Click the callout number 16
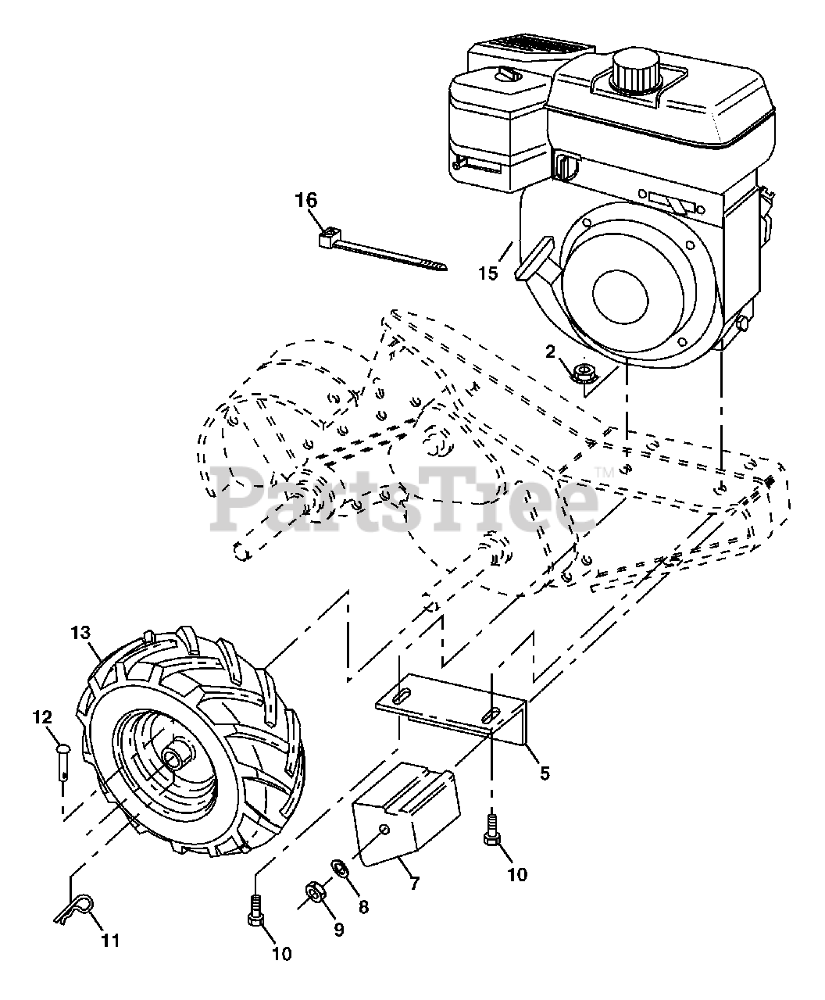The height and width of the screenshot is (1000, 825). (306, 200)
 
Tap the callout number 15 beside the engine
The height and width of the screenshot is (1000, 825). (489, 273)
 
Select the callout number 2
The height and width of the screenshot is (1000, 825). (550, 352)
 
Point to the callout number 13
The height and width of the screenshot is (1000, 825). (80, 633)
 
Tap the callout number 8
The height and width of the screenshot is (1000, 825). (363, 906)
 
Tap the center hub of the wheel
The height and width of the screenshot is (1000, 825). (174, 757)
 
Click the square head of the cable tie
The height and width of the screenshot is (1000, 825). (327, 237)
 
